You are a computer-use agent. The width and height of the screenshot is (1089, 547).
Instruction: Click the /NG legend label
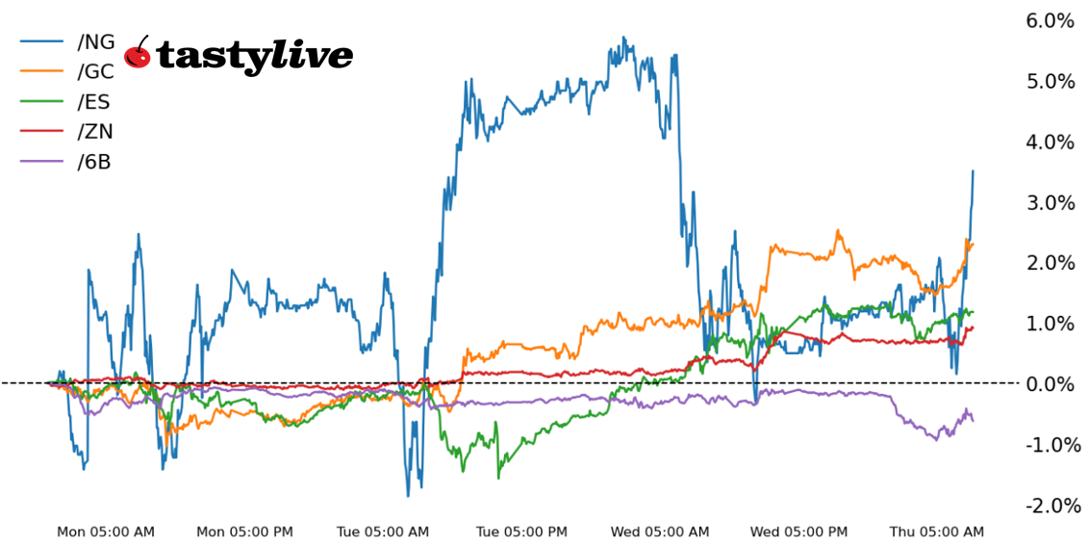pos(95,41)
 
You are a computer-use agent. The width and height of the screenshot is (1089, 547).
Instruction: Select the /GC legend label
pos(95,71)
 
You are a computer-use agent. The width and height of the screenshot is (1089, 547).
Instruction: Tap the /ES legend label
pos(94,101)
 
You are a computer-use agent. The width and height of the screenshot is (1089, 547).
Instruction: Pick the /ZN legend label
pos(95,132)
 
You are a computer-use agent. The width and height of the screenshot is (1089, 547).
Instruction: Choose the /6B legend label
pos(94,162)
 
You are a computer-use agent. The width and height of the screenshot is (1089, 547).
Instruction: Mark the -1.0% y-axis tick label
pos(1048,444)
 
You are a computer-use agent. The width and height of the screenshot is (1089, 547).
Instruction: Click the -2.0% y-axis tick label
pos(1048,505)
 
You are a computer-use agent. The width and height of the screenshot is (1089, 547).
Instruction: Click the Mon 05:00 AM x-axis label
pos(106,532)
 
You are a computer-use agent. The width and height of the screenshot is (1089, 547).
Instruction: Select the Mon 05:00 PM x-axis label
pos(244,532)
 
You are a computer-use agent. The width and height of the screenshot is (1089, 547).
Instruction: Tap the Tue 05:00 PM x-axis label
pos(521,532)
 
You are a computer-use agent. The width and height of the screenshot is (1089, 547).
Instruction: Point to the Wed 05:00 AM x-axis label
pos(660,532)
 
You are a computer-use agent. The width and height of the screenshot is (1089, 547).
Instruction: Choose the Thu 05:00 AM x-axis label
pos(937,532)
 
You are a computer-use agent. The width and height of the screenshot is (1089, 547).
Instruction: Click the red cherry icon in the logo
pos(139,55)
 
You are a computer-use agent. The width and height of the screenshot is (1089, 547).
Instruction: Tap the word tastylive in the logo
pos(254,57)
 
